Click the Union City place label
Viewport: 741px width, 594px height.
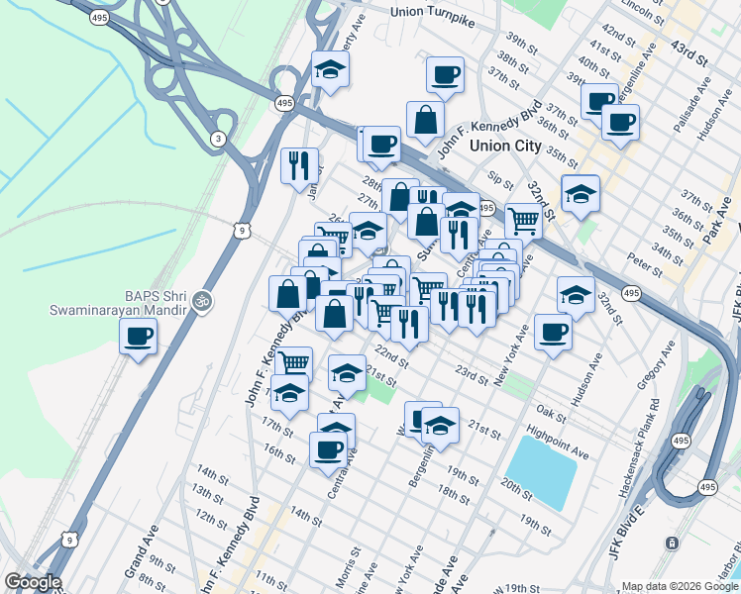click(505, 146)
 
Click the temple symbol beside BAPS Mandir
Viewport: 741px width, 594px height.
click(203, 298)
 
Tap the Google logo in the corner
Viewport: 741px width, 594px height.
click(32, 582)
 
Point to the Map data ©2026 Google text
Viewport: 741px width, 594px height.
click(680, 586)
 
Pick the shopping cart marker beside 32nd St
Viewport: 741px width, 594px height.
click(524, 221)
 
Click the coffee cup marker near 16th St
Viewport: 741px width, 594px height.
click(328, 450)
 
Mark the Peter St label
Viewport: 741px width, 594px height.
click(644, 264)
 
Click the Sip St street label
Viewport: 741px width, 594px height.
click(501, 178)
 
